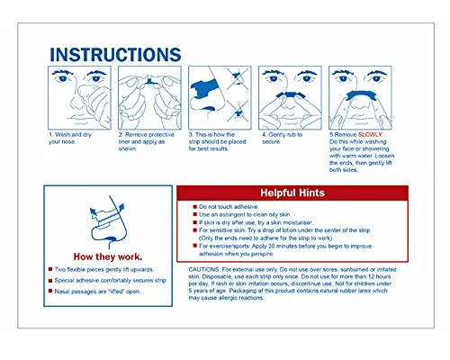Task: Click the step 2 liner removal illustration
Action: point(151,99)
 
